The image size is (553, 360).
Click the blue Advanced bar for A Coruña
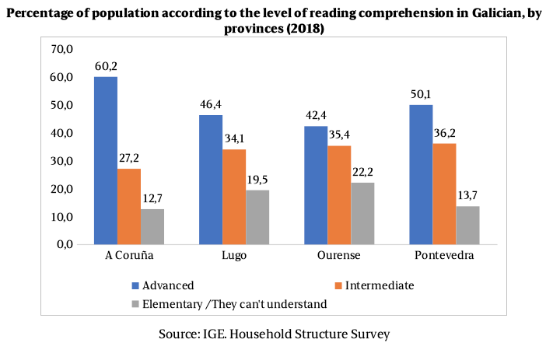click(106, 160)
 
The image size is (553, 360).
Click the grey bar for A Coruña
click(152, 226)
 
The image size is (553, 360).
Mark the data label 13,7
click(468, 195)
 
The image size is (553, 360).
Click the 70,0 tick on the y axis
click(61, 49)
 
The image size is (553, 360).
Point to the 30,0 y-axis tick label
click(61, 161)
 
